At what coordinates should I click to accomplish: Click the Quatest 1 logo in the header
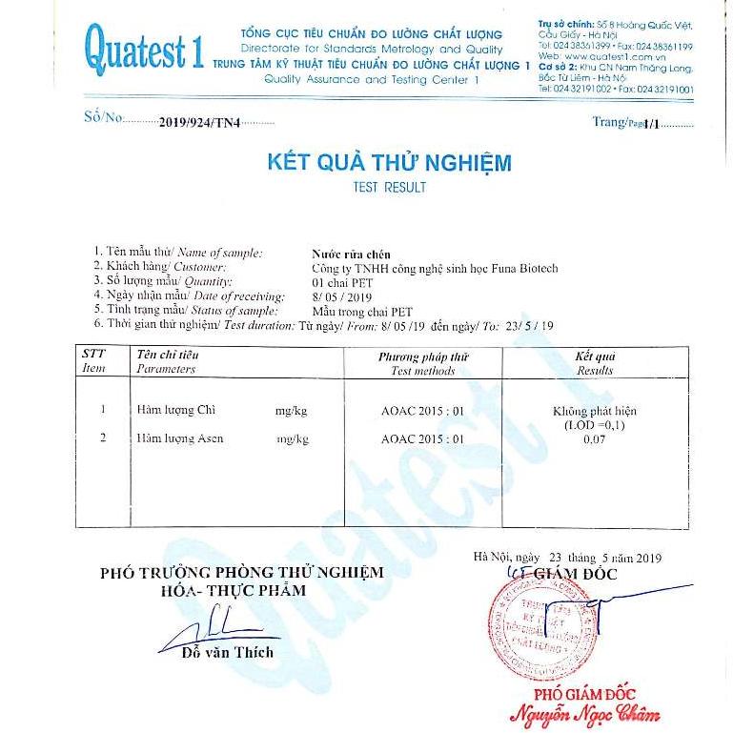144,47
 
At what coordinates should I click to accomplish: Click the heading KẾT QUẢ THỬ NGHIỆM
389,162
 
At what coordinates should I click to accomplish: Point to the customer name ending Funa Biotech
435,269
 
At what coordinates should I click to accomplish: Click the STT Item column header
94,361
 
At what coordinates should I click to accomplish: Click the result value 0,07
594,439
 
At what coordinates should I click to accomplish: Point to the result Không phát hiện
594,410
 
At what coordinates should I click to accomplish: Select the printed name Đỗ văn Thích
229,653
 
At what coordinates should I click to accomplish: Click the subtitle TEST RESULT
389,188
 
